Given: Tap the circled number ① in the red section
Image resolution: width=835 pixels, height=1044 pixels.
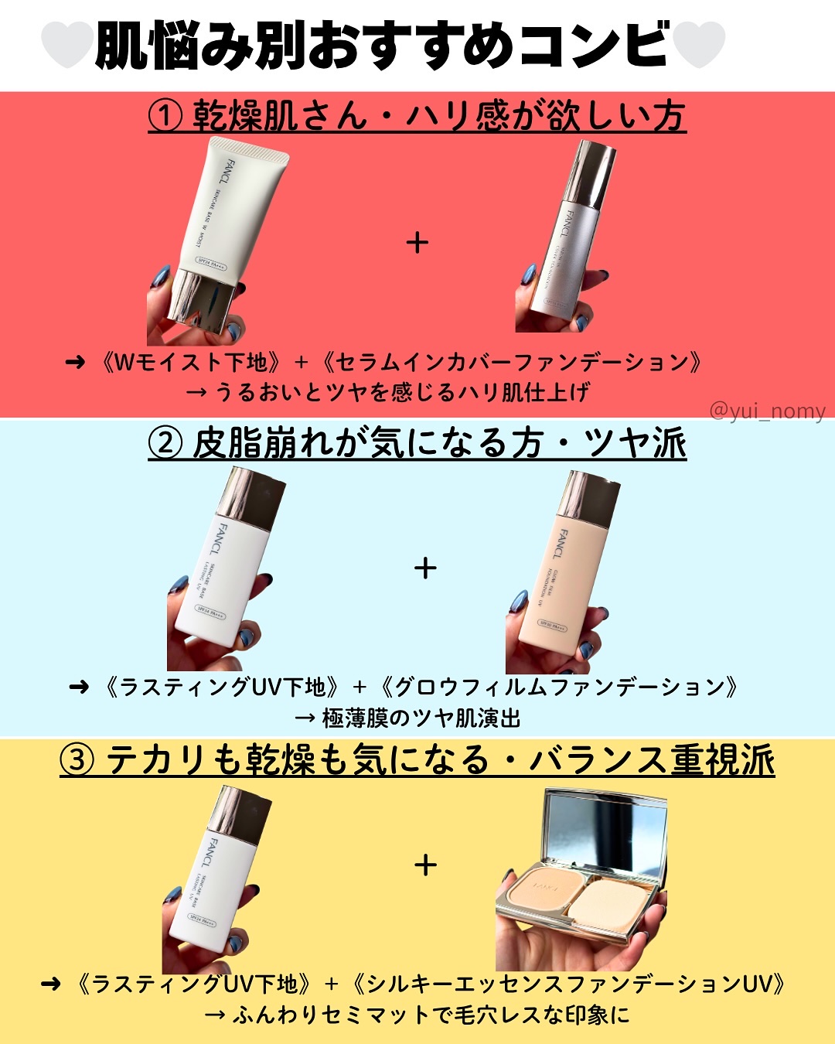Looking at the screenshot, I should [x=165, y=117].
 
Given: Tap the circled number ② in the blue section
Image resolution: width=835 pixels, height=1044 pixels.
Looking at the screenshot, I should [x=165, y=444].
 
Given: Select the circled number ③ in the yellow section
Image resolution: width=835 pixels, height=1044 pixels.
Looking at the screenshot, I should [x=77, y=760].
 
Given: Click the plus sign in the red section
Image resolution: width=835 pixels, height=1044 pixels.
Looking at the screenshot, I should [x=417, y=243].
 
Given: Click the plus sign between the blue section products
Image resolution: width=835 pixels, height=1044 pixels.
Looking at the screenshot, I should [x=425, y=568].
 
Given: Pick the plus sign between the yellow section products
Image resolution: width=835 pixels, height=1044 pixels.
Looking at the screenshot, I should [x=425, y=865].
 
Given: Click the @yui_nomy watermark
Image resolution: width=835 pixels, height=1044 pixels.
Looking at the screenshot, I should [x=767, y=411].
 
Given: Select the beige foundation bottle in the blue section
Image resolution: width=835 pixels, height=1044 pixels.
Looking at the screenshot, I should [x=564, y=572].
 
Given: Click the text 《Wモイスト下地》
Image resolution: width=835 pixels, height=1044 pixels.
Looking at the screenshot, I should [x=193, y=363].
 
